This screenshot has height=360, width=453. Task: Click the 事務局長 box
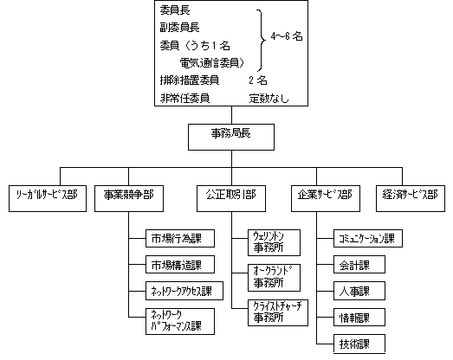pos(230,135)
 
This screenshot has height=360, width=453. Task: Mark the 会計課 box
pos(353,265)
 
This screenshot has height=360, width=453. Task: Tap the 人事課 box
pos(353,291)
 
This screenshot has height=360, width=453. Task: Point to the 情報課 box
pos(353,318)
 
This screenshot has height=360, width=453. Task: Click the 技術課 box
pos(353,344)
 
